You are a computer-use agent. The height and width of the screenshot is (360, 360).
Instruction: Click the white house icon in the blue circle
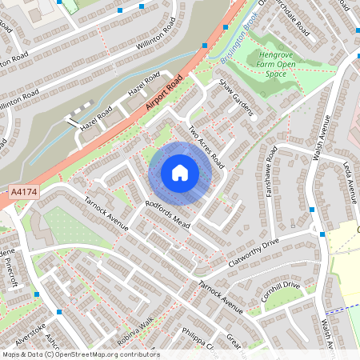point(180,172)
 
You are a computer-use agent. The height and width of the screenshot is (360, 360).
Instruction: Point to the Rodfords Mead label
point(166,214)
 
